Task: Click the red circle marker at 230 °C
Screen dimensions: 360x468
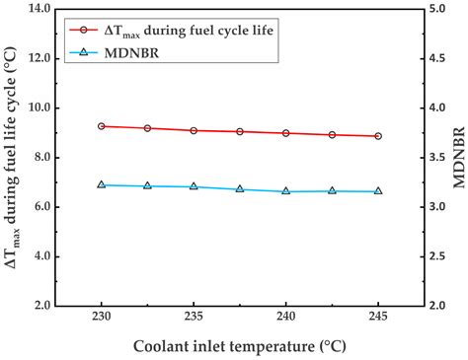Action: coord(102,126)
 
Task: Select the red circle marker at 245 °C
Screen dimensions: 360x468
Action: coord(378,136)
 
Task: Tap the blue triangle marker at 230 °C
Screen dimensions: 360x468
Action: coord(102,184)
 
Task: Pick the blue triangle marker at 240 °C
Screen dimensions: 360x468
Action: coord(286,190)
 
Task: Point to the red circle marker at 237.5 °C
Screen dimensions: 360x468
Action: coord(240,131)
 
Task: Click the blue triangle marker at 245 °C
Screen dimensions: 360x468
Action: coord(378,190)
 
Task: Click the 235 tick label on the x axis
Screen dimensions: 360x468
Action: coord(194,322)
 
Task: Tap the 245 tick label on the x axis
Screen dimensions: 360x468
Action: coord(378,322)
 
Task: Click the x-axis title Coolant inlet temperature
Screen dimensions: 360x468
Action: coord(240,347)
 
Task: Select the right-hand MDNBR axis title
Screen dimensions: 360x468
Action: coord(457,158)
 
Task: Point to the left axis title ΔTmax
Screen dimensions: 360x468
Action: coord(13,158)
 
